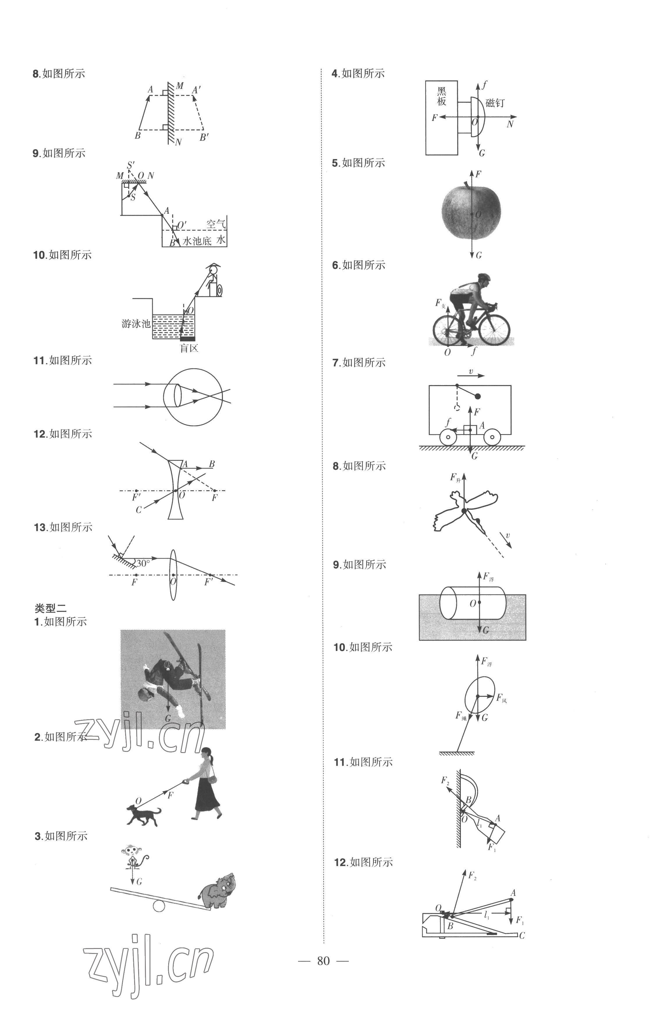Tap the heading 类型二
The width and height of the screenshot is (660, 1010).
click(51, 608)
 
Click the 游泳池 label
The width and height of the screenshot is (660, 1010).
click(136, 324)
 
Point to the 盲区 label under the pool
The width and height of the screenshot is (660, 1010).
click(189, 348)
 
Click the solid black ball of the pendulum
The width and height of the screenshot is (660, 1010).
click(478, 396)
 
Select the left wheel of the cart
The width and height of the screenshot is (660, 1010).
click(448, 437)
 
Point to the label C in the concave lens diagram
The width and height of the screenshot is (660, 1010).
click(139, 510)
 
